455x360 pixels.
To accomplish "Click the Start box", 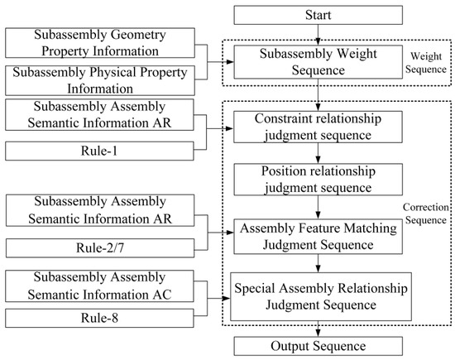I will [319, 14].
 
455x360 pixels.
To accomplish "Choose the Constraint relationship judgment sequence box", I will [319, 127].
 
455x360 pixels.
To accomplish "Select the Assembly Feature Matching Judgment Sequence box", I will [319, 236].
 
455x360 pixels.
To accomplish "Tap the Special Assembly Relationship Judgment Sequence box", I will [319, 295].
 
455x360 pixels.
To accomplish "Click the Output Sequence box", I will [319, 345].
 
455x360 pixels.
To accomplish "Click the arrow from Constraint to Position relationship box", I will [319, 155].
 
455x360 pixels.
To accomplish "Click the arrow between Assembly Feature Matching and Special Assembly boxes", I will [319, 263].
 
